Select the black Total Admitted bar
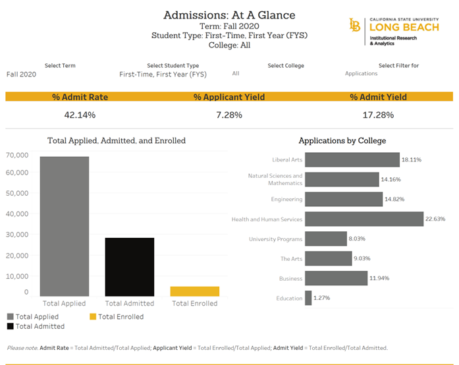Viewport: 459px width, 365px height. (130, 266)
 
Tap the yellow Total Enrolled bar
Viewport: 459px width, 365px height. (195, 291)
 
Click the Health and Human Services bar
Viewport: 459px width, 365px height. (364, 219)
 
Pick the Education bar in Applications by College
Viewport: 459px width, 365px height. (308, 298)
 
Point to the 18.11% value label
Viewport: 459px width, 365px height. (411, 160)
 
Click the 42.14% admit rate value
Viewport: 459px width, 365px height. (80, 115)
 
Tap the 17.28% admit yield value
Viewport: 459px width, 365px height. (378, 115)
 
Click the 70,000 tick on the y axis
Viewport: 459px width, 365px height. (17, 155)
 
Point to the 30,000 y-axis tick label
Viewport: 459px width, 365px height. (17, 235)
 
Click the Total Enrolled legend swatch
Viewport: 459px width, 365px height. (93, 317)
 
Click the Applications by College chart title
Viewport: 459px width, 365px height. (342, 140)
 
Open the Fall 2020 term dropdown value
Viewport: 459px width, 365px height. (21, 74)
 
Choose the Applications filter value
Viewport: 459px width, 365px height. (361, 74)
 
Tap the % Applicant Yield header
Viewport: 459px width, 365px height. (229, 97)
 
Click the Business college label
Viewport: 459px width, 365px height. (291, 279)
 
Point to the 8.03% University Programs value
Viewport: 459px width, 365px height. (358, 239)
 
